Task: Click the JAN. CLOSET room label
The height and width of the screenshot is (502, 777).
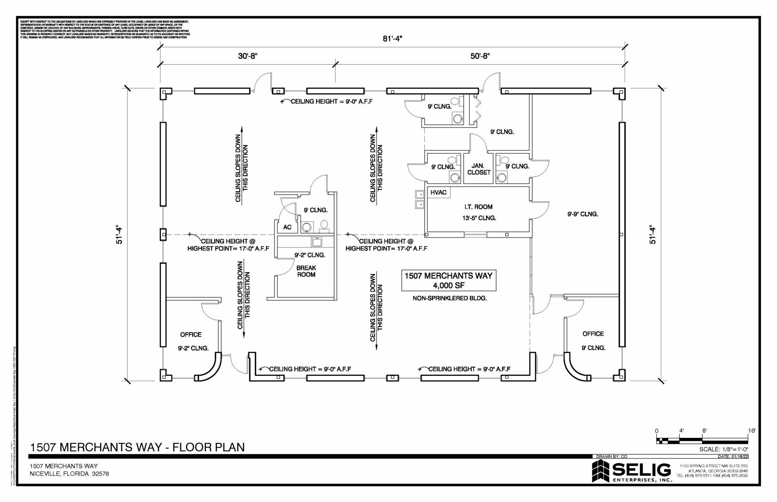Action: point(479,169)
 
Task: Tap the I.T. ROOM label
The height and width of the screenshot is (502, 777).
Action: point(478,207)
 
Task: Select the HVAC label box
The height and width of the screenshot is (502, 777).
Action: point(439,192)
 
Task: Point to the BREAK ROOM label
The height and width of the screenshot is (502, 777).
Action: point(306,271)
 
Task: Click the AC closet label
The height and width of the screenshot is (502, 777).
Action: point(287,227)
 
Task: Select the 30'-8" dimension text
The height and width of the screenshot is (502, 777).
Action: point(248,56)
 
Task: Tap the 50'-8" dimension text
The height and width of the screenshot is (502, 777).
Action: point(480,56)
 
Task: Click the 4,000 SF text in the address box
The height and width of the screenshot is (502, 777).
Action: point(448,286)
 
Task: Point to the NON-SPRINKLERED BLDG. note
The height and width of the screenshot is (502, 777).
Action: point(450,299)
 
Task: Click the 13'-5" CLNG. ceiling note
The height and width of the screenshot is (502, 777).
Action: point(479,218)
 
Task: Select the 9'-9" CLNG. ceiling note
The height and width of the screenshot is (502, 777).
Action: point(582,214)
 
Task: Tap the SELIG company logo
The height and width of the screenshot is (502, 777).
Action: point(631,472)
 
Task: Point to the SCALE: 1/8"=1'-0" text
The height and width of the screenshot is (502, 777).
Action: point(724,450)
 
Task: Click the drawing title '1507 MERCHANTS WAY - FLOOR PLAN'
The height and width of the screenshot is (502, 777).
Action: point(138,447)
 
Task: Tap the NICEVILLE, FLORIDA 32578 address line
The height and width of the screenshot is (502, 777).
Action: point(69,474)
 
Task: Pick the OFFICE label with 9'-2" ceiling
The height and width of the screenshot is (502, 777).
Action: point(191,335)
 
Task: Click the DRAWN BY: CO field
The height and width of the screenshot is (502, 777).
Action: point(612,457)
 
